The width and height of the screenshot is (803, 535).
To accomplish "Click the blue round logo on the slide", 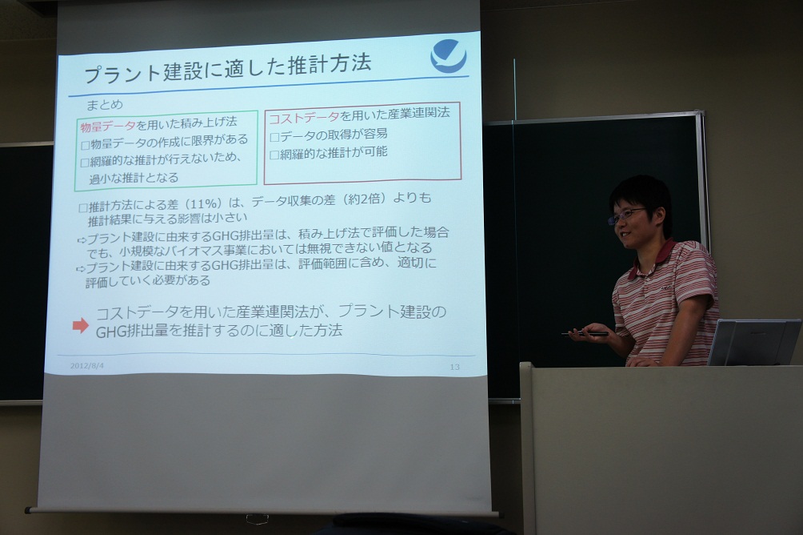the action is click(449, 55).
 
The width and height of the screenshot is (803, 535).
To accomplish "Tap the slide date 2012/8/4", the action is click(87, 366).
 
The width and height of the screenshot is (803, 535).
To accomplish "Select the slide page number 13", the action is click(455, 367).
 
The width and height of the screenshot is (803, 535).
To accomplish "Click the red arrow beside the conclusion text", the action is click(81, 325).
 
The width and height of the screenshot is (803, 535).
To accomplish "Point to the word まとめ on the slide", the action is click(105, 105).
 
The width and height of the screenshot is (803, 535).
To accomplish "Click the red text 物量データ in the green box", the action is click(108, 127).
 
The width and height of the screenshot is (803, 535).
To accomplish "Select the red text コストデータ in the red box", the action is click(304, 117).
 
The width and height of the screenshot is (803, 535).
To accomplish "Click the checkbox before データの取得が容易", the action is click(274, 138).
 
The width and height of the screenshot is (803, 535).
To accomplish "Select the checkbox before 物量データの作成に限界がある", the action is click(86, 146).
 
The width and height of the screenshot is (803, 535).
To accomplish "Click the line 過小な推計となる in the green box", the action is click(134, 179).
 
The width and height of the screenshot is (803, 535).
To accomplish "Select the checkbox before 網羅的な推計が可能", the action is click(274, 155).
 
